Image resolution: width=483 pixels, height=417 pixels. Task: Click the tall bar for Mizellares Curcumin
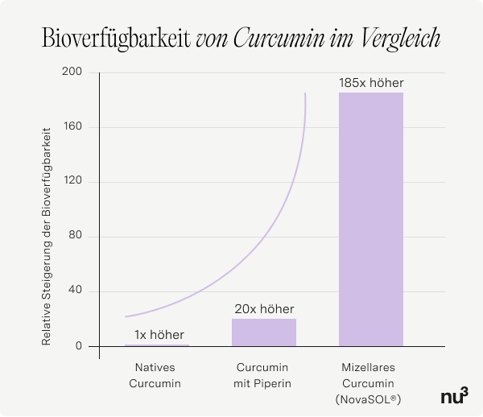[x=371, y=219]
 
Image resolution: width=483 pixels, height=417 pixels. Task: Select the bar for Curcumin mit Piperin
[x=264, y=332]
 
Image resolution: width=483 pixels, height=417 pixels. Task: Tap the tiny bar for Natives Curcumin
[x=157, y=345]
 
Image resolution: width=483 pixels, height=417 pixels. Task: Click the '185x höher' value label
[x=371, y=83]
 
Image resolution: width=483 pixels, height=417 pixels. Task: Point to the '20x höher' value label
[x=264, y=309]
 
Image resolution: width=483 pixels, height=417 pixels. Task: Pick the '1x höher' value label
[x=159, y=335]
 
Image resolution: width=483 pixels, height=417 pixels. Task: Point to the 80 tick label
[x=76, y=237]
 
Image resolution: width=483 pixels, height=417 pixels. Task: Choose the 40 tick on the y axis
[x=76, y=291]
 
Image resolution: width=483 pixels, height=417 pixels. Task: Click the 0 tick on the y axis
[x=79, y=346]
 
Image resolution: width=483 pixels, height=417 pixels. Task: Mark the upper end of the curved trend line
[x=305, y=94]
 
